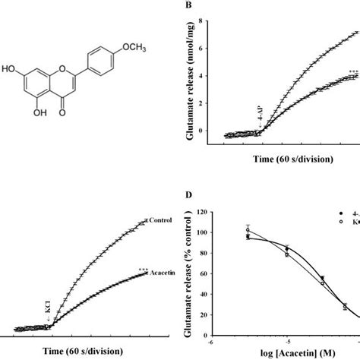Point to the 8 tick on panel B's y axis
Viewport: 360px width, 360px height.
pyautogui.click(x=200, y=21)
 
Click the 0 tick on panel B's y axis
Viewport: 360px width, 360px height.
pyautogui.click(x=200, y=130)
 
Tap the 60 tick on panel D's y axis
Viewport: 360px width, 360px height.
pyautogui.click(x=200, y=274)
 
